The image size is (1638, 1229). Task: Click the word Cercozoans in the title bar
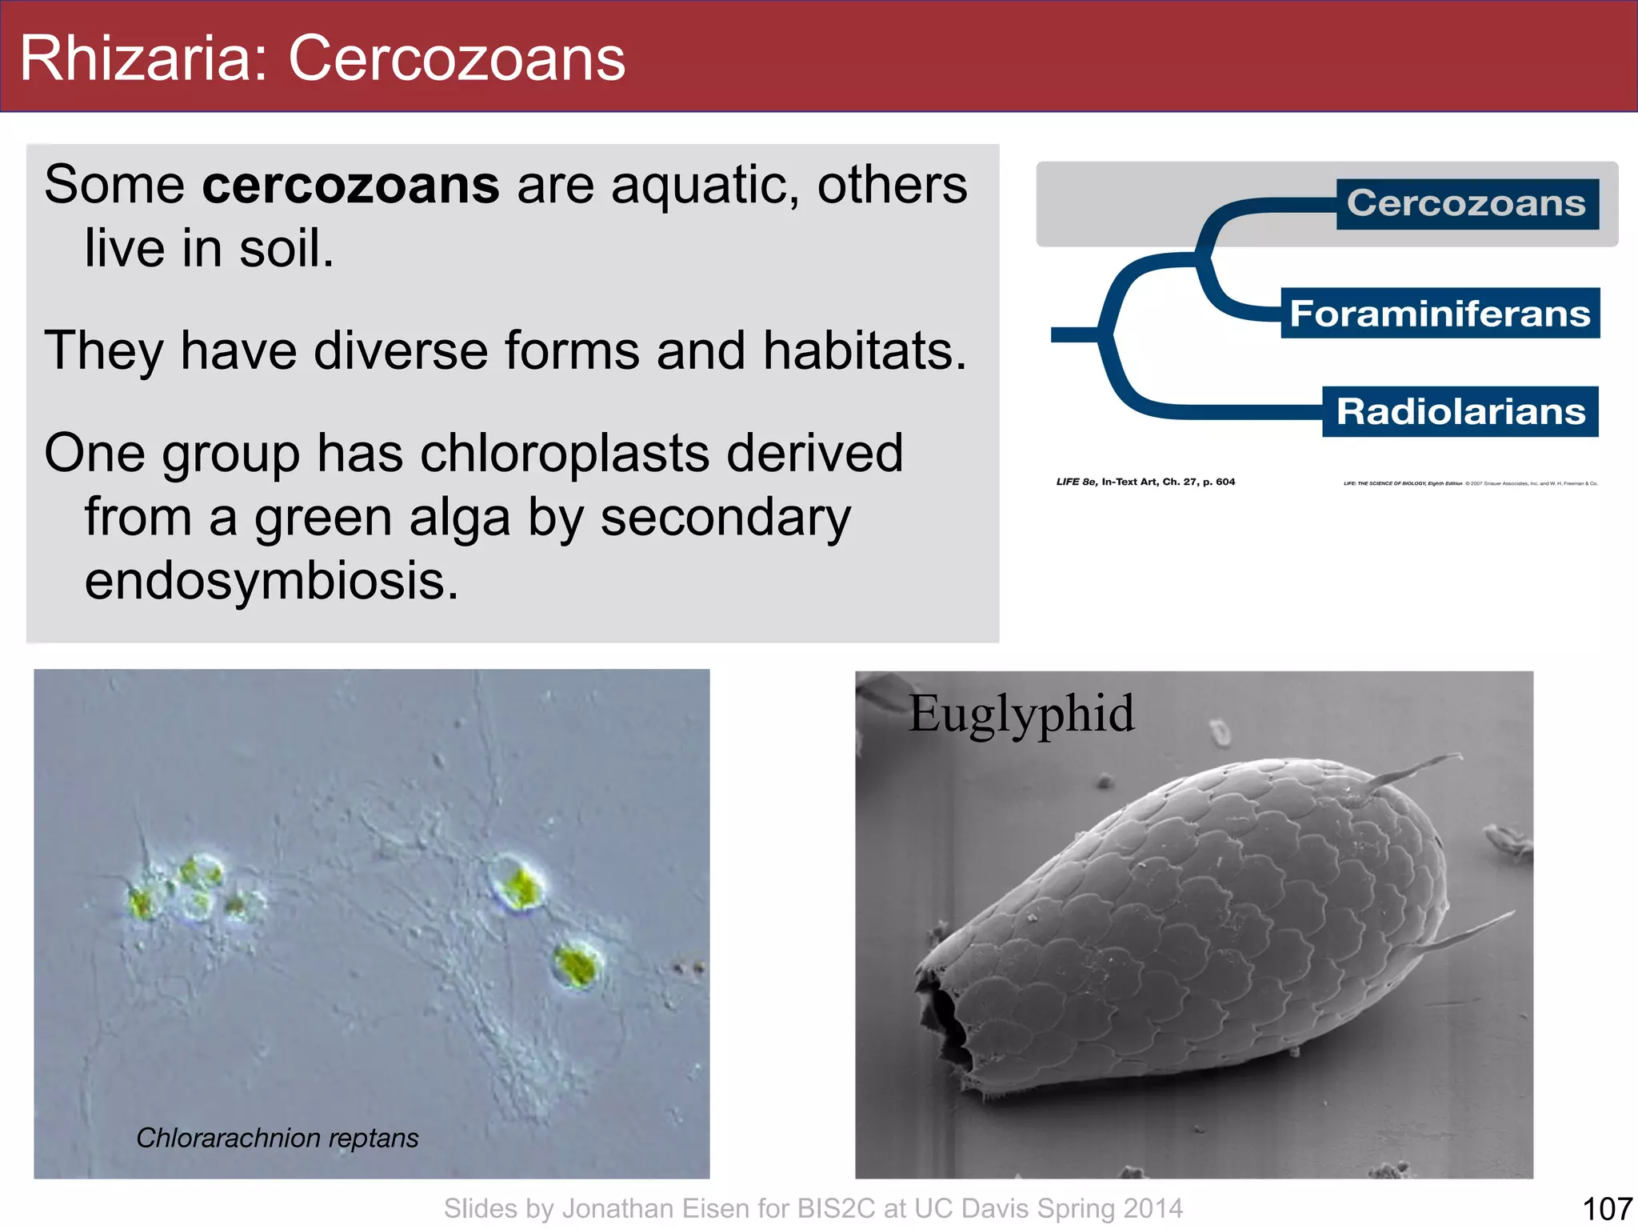(456, 59)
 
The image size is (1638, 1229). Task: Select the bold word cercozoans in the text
(350, 186)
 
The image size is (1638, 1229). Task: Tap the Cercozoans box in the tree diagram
(1466, 204)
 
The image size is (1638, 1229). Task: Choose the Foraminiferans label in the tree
(1440, 314)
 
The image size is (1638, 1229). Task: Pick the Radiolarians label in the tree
(1460, 412)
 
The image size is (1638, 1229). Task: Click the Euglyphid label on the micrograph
(1021, 714)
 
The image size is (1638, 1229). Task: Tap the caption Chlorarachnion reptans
(277, 1138)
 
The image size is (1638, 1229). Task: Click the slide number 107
(1607, 1208)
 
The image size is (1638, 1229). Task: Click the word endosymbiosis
(272, 581)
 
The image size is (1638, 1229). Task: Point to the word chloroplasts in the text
(564, 454)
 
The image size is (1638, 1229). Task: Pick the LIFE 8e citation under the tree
(1145, 482)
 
